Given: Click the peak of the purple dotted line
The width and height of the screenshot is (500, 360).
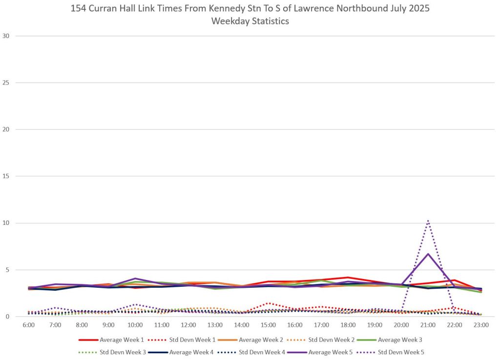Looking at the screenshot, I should point(428,221).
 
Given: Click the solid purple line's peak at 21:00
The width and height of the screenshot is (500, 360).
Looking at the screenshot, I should point(428,254).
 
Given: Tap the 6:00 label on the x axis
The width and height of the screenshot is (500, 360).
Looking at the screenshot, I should point(29,324).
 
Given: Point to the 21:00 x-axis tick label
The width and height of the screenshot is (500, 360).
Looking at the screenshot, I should point(428,324).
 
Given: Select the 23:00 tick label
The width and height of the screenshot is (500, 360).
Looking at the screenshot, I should point(481,324).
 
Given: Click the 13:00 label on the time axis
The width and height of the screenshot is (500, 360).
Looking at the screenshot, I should point(215,324).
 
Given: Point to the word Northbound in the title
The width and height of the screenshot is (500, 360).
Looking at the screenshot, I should point(358,9).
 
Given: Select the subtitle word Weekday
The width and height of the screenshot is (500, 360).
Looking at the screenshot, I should point(229,21).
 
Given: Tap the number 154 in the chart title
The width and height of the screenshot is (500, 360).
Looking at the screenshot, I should point(79,9).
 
